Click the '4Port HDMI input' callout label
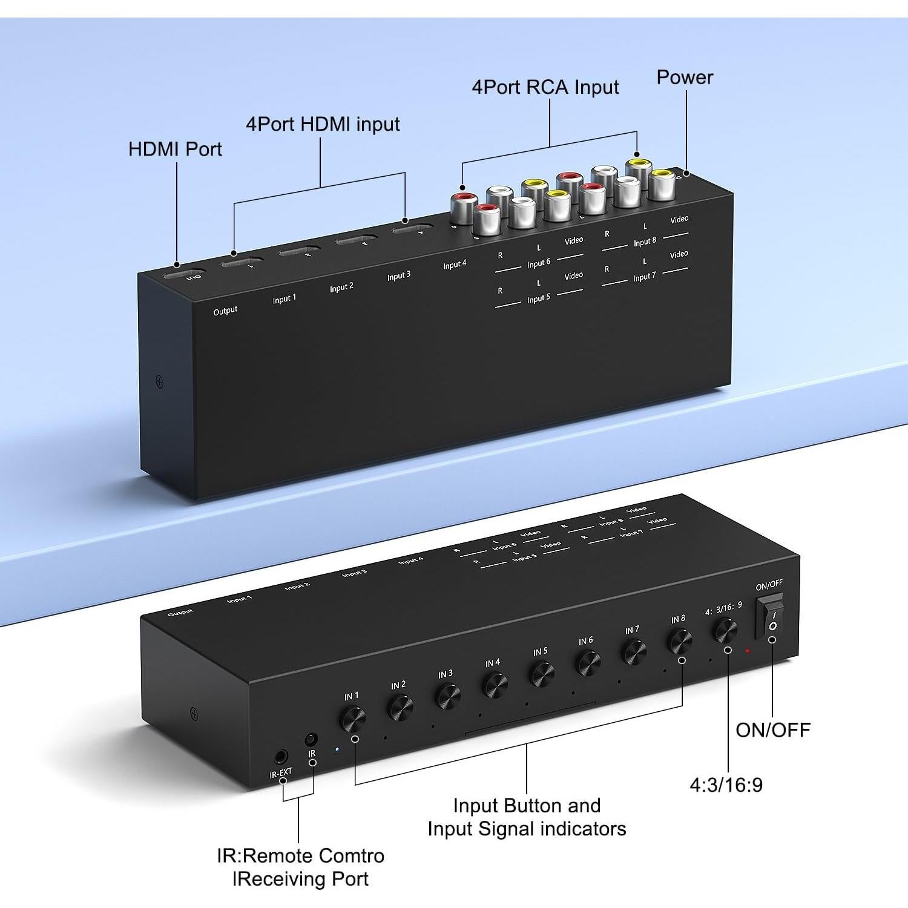pos(323,124)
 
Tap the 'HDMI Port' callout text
pos(175,149)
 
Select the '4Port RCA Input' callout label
pos(545,87)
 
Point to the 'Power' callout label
pos(685,77)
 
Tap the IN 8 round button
pos(680,641)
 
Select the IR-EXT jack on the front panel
pos(280,757)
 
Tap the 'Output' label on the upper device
pos(225,311)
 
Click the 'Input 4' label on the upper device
pos(455,265)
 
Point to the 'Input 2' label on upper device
pos(341,288)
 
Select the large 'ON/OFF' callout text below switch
pos(773,730)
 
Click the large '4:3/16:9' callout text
pos(726,785)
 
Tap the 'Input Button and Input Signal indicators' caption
pos(527,817)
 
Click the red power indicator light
pos(748,651)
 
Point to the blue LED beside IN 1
pos(337,749)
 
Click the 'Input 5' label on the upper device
pos(539,299)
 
